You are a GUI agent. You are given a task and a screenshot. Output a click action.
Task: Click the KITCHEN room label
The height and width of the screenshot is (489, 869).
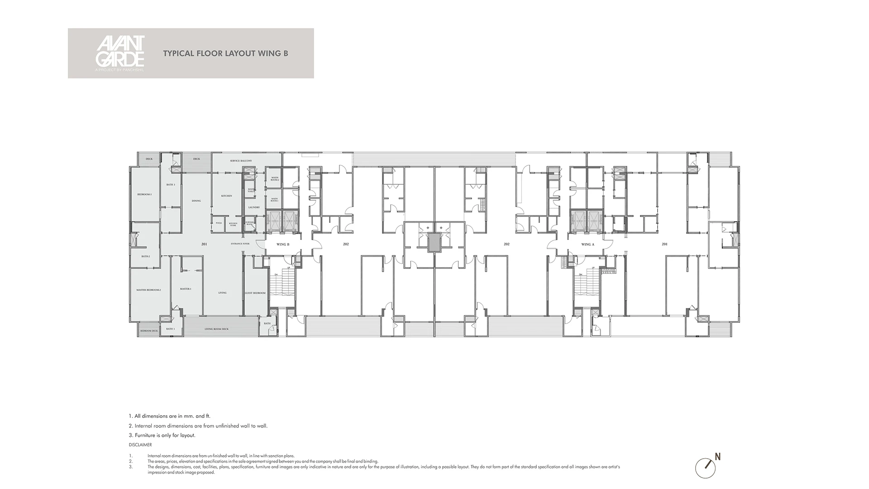pyautogui.click(x=227, y=196)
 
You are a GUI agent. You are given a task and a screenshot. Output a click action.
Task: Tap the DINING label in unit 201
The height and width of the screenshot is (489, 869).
pyautogui.click(x=196, y=201)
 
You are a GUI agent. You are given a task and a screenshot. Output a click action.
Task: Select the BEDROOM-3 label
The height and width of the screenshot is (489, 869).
pyautogui.click(x=144, y=195)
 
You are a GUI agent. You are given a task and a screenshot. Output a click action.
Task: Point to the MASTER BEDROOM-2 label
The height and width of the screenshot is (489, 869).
pyautogui.click(x=148, y=290)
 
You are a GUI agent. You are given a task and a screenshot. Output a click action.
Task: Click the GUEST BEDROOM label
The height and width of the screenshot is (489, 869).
pyautogui.click(x=255, y=293)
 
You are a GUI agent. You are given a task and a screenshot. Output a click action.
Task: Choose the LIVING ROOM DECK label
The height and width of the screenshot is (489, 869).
pyautogui.click(x=216, y=329)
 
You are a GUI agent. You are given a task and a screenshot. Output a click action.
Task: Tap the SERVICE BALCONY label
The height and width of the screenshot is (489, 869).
pyautogui.click(x=241, y=161)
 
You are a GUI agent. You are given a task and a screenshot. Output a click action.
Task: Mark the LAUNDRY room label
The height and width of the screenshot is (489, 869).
pyautogui.click(x=254, y=207)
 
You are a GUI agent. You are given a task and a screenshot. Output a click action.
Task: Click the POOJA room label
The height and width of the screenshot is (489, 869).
pyautogui.click(x=219, y=223)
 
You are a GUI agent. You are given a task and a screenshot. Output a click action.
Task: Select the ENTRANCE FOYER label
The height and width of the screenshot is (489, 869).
pyautogui.click(x=240, y=244)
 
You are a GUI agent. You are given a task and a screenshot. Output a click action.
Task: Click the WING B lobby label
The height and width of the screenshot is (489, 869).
pyautogui.click(x=283, y=244)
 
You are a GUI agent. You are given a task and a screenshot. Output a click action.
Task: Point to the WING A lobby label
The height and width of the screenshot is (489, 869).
pyautogui.click(x=587, y=244)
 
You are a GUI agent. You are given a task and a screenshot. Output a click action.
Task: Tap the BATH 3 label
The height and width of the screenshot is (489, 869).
pyautogui.click(x=171, y=185)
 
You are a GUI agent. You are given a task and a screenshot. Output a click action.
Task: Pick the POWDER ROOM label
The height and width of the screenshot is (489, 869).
pyautogui.click(x=249, y=223)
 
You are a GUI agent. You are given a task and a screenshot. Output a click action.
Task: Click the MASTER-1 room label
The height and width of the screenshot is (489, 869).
pyautogui.click(x=186, y=289)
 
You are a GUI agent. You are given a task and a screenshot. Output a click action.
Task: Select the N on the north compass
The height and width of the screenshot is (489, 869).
pyautogui.click(x=718, y=457)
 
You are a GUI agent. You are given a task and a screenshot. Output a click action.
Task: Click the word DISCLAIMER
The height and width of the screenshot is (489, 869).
pyautogui.click(x=140, y=445)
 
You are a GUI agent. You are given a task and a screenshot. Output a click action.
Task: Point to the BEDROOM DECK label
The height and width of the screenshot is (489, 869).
pyautogui.click(x=149, y=331)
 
